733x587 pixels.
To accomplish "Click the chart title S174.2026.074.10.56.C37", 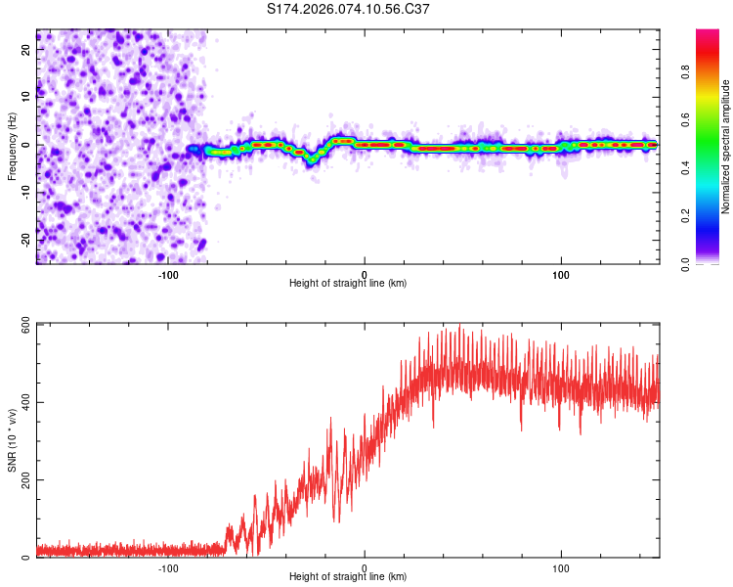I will coord(349,9).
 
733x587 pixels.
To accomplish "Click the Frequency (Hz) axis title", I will coord(12,146).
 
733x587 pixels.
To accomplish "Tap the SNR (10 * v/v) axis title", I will coord(12,440).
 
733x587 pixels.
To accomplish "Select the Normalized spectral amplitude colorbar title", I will coord(726,147).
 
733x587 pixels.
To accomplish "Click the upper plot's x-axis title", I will coord(348,284).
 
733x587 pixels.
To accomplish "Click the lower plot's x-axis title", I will coord(348,577).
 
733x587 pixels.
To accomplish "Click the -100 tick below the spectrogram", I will coord(167,273).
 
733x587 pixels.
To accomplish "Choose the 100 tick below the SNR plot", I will coord(561,566).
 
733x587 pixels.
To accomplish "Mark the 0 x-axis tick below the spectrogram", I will coord(365,273).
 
